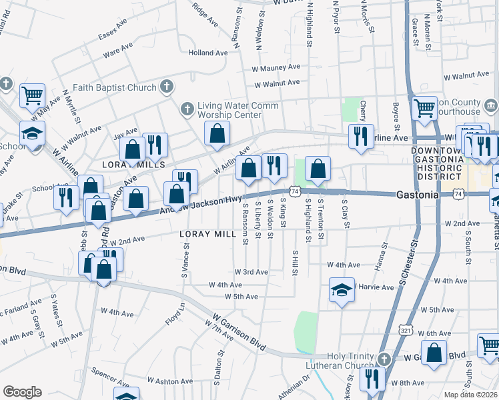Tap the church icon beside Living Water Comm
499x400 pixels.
[187, 108]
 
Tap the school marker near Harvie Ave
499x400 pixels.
[342, 291]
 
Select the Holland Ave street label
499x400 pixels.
[208, 53]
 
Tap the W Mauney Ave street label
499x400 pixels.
[276, 68]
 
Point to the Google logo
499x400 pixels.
[22, 392]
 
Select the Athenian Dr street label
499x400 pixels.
[294, 387]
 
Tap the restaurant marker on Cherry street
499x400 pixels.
[361, 137]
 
